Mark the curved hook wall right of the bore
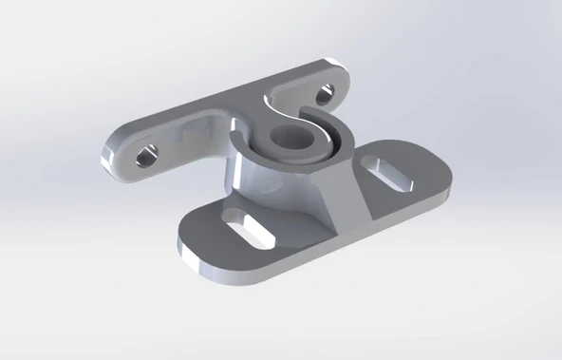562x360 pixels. pos(340,142)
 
